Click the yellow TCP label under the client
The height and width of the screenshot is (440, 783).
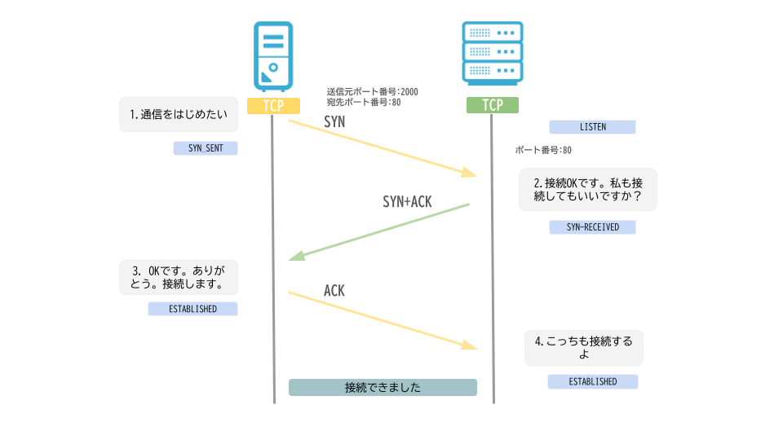pos(273,106)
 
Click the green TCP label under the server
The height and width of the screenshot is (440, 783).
pos(492,106)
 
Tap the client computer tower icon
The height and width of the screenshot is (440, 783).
pos(272,56)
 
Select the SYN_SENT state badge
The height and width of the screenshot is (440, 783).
pos(205,148)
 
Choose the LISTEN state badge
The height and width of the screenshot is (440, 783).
pos(592,127)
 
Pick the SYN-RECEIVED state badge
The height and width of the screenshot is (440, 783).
pos(592,227)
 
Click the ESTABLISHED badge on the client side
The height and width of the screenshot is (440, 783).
pos(192,309)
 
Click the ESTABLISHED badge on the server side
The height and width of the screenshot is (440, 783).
pos(592,381)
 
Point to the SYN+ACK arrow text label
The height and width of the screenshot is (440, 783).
pos(407,201)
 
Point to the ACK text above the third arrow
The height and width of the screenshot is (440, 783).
pos(334,291)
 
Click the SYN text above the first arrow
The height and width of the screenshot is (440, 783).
pos(334,121)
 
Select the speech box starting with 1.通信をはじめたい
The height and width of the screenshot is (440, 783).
pos(179,115)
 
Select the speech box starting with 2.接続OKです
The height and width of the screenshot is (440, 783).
pos(587,190)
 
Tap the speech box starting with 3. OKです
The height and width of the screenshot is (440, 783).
pos(179,277)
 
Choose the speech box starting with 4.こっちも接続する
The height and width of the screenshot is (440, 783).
pos(583,348)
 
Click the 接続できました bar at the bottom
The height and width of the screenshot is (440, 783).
pos(383,387)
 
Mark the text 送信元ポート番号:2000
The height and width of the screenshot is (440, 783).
pos(372,92)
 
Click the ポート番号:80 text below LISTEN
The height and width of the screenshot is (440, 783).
pos(543,150)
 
